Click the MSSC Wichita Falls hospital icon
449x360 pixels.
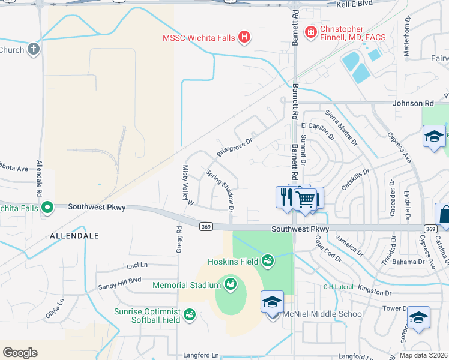244,38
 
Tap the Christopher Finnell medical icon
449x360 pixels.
311,32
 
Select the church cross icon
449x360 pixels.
34,50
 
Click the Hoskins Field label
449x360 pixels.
233,261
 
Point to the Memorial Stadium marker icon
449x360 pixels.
229,283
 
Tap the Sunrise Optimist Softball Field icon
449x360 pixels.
190,314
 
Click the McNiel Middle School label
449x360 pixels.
324,314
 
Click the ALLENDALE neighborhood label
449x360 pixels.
75,236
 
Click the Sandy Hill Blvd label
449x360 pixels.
119,280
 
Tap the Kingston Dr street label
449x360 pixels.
373,292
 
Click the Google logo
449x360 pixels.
20,352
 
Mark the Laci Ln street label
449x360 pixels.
137,265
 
